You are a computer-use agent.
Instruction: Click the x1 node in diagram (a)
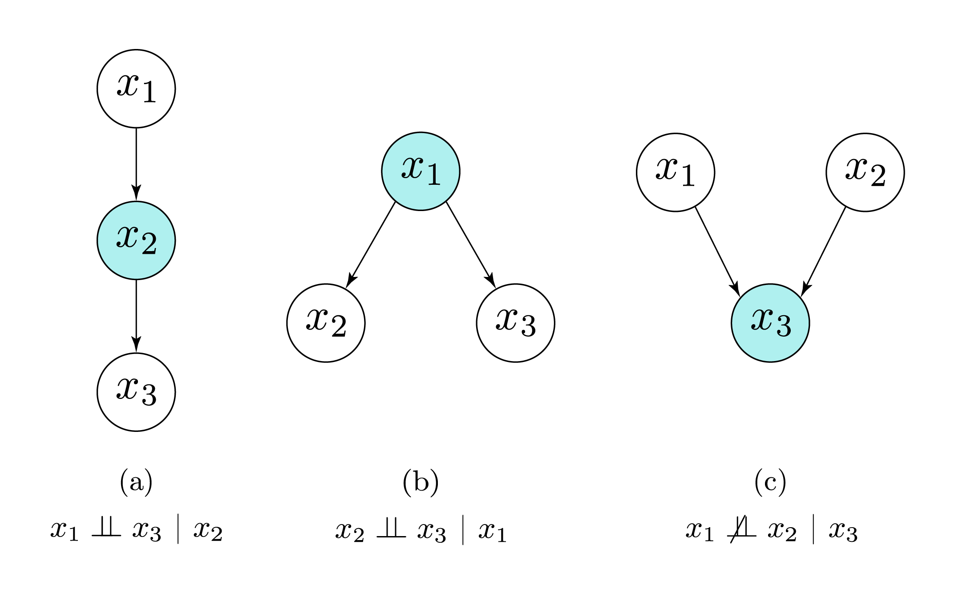[x=136, y=89]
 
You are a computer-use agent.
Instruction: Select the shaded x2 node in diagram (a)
[x=136, y=240]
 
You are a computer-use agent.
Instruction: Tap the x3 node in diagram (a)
[x=136, y=392]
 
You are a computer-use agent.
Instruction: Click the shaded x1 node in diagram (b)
[x=421, y=171]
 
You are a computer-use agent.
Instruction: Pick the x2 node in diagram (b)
[x=326, y=323]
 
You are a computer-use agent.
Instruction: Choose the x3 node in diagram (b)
[x=515, y=323]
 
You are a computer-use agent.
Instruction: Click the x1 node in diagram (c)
[x=676, y=172]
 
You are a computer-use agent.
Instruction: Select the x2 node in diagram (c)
[x=865, y=172]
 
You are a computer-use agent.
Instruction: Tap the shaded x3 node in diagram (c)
[x=770, y=323]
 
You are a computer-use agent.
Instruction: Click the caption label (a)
[x=136, y=482]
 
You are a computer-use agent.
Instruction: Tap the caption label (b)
[x=421, y=482]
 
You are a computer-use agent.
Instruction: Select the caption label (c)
[x=770, y=482]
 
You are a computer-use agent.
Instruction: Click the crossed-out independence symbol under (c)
[x=741, y=529]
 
